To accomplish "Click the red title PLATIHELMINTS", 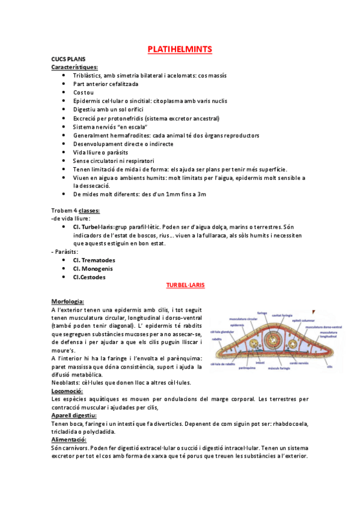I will tap(180, 49).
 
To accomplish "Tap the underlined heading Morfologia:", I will tap(68, 301).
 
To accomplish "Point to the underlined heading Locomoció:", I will tap(67, 391).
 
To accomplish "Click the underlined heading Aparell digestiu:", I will tap(74, 416).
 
